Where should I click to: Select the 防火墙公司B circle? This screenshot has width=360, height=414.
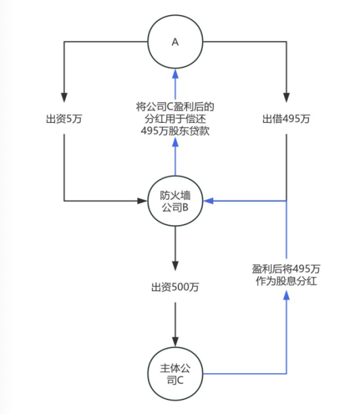pyautogui.click(x=175, y=200)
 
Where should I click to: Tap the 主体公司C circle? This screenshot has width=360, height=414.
pyautogui.click(x=175, y=373)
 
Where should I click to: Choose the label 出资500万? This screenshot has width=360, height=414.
pyautogui.click(x=175, y=287)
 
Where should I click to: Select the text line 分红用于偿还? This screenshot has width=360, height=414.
pyautogui.click(x=175, y=120)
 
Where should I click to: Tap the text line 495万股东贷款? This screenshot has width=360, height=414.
pyautogui.click(x=175, y=132)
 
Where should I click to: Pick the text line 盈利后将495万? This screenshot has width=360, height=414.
pyautogui.click(x=286, y=269)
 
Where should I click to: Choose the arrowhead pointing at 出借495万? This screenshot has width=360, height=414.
pyautogui.click(x=286, y=95)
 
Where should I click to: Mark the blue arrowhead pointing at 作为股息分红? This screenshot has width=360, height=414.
pyautogui.click(x=286, y=297)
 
